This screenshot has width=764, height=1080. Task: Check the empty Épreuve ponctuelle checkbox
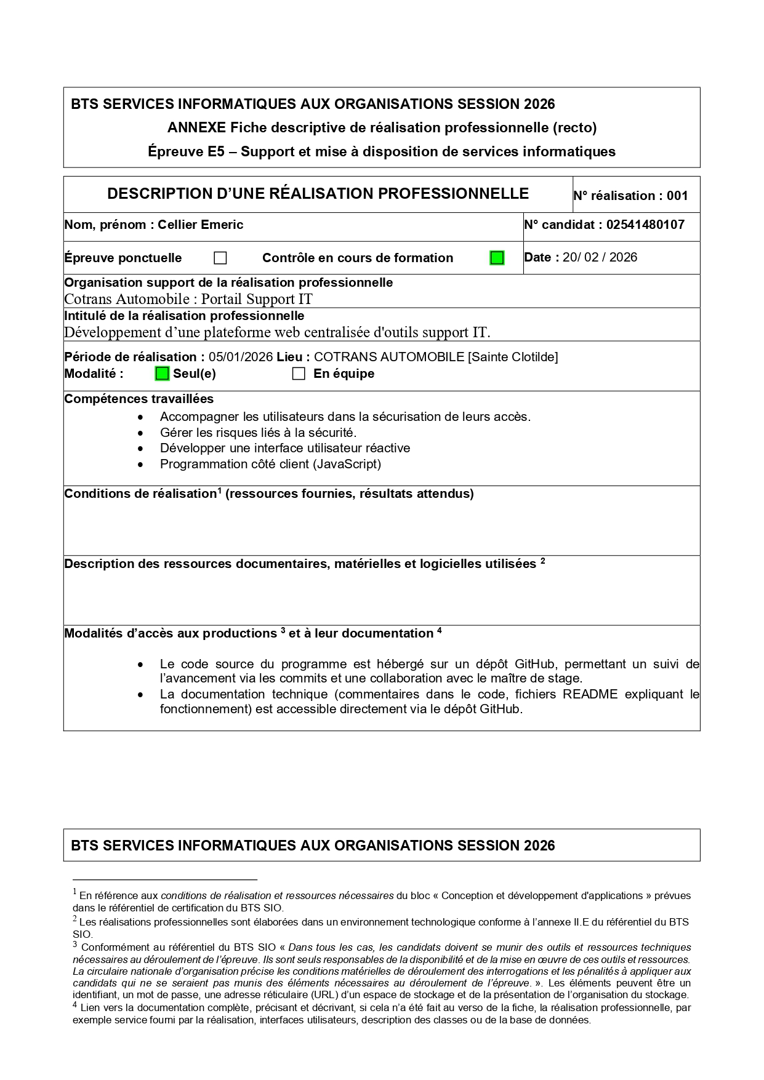pyautogui.click(x=220, y=258)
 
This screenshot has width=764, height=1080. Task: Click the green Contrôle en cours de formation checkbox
pyautogui.click(x=497, y=258)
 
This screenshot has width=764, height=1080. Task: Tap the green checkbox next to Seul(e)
pyautogui.click(x=162, y=374)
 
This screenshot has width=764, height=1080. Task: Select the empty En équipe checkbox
pyautogui.click(x=299, y=374)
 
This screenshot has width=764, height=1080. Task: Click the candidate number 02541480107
pyautogui.click(x=645, y=225)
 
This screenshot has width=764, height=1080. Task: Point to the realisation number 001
pyautogui.click(x=677, y=196)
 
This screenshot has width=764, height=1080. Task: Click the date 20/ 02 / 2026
pyautogui.click(x=600, y=257)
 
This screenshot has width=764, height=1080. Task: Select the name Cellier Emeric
pyautogui.click(x=200, y=225)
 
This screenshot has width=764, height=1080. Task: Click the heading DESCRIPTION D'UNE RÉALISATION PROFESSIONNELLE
pyautogui.click(x=318, y=194)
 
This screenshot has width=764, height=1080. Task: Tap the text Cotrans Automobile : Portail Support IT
pyautogui.click(x=188, y=299)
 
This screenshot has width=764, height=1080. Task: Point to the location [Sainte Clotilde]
pyautogui.click(x=513, y=357)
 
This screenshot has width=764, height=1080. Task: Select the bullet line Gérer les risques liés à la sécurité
pyautogui.click(x=258, y=432)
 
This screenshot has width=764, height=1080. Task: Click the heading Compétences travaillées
pyautogui.click(x=139, y=399)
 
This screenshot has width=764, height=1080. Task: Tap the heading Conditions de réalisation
pyautogui.click(x=140, y=494)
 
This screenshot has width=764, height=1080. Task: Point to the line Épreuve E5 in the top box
pyautogui.click(x=382, y=151)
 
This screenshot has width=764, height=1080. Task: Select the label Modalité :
pyautogui.click(x=94, y=374)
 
